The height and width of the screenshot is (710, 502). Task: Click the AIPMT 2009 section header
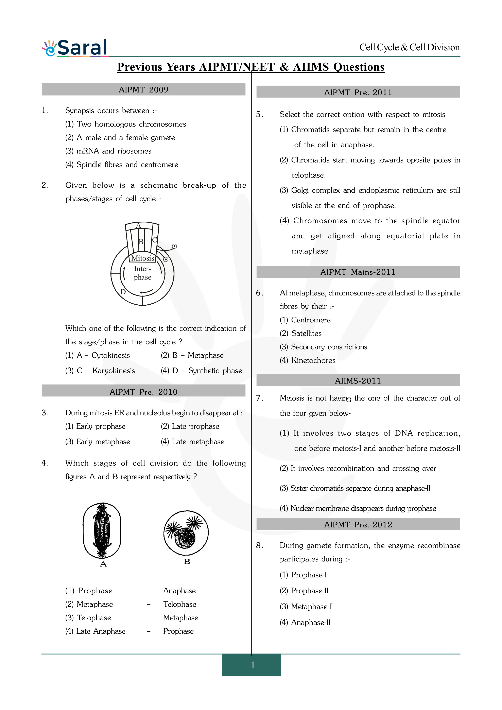pos(143,90)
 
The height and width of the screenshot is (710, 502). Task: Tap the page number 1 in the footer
pos(253,665)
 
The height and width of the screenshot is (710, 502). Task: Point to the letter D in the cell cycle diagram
pos(123,292)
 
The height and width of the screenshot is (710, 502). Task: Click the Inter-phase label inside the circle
pos(142,273)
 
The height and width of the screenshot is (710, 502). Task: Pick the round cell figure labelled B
pos(186,532)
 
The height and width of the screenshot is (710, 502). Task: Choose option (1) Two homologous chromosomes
pos(125,124)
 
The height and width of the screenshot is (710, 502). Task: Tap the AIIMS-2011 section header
pos(358,381)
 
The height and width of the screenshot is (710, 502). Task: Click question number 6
pos(259,293)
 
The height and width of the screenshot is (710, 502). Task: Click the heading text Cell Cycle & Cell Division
pos(409,47)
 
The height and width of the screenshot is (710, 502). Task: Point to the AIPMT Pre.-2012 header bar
pos(358,524)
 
